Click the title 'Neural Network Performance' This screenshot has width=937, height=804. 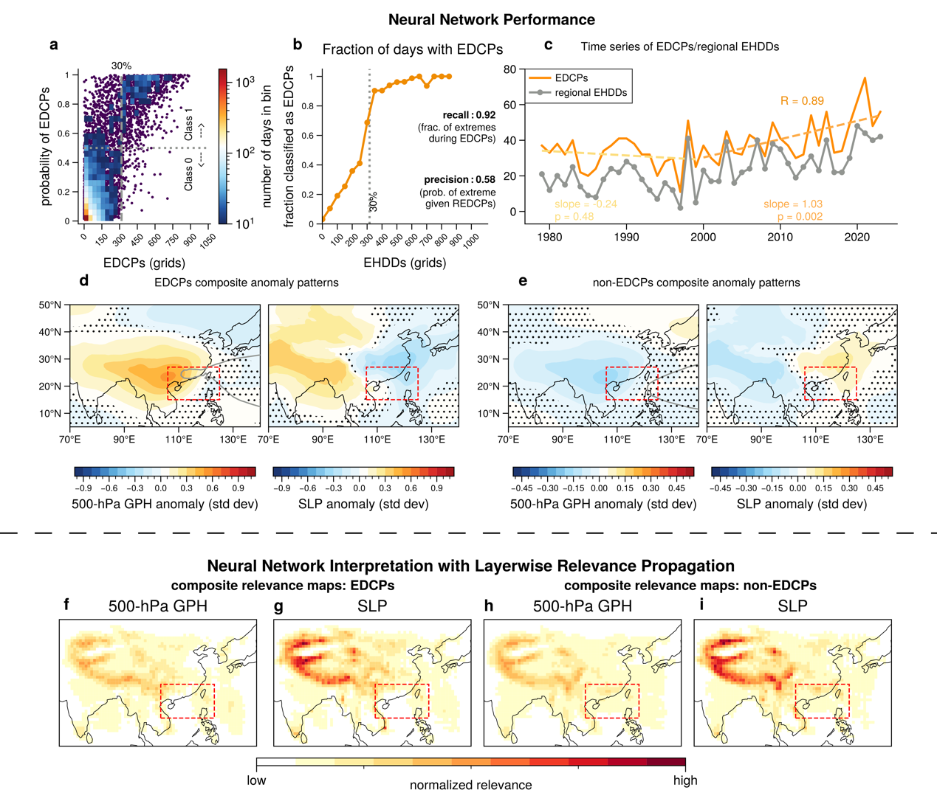(491, 20)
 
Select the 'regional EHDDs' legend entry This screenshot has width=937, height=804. (591, 93)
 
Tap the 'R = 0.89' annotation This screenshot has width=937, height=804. (802, 101)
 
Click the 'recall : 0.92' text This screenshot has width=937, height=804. (469, 115)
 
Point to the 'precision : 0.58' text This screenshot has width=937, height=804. (459, 179)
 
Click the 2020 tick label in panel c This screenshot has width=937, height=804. (857, 237)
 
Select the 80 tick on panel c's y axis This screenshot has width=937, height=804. (509, 69)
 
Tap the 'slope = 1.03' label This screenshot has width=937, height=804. (792, 204)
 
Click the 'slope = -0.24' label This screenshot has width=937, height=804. (586, 204)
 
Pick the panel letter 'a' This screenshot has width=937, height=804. (54, 45)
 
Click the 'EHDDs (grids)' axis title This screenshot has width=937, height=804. (405, 263)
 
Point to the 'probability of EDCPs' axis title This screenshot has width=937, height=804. (46, 147)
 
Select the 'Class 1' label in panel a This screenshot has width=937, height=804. (189, 123)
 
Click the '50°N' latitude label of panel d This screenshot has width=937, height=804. (50, 305)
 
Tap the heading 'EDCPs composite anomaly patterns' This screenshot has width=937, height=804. (247, 283)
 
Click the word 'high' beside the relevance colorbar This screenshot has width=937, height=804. (685, 780)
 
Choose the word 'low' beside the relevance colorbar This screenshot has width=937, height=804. (256, 780)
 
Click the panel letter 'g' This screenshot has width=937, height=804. (278, 606)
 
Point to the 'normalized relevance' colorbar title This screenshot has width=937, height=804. (470, 785)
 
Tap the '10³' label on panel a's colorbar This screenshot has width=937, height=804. (246, 82)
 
